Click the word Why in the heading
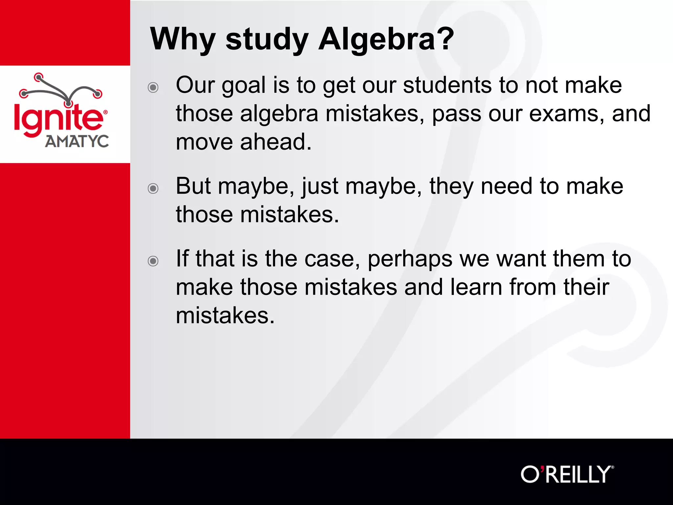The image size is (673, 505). click(x=183, y=39)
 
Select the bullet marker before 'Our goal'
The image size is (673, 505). click(x=153, y=87)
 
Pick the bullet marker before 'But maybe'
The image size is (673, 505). click(x=153, y=188)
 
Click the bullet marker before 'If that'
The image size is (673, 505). click(x=153, y=261)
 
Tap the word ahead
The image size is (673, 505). click(x=276, y=142)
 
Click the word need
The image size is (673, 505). click(x=506, y=186)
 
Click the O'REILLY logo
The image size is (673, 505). click(x=567, y=474)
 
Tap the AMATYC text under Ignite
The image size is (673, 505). click(x=77, y=141)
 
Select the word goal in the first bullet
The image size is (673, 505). click(x=244, y=86)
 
